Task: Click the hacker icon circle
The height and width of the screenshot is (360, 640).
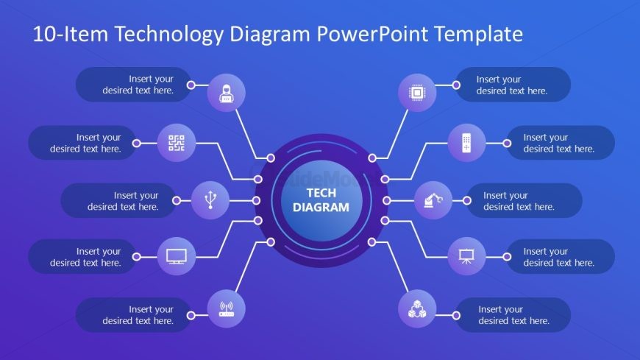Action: click(227, 93)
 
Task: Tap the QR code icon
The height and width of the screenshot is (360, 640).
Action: click(177, 143)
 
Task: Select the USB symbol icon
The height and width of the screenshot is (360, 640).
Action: click(210, 200)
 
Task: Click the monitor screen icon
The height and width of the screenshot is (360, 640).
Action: click(177, 256)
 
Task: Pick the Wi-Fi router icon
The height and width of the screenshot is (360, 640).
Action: click(227, 308)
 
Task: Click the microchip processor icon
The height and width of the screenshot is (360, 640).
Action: click(417, 93)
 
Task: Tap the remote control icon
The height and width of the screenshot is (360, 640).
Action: click(466, 143)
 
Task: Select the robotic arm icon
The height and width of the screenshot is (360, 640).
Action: click(433, 200)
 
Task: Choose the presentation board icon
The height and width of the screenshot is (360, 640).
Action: click(466, 256)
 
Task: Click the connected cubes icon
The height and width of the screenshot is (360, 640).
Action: click(417, 308)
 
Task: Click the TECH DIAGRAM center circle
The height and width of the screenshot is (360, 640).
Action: click(321, 200)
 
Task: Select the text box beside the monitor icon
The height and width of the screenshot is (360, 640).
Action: click(82, 257)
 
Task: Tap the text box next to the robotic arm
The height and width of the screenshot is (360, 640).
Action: click(523, 201)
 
